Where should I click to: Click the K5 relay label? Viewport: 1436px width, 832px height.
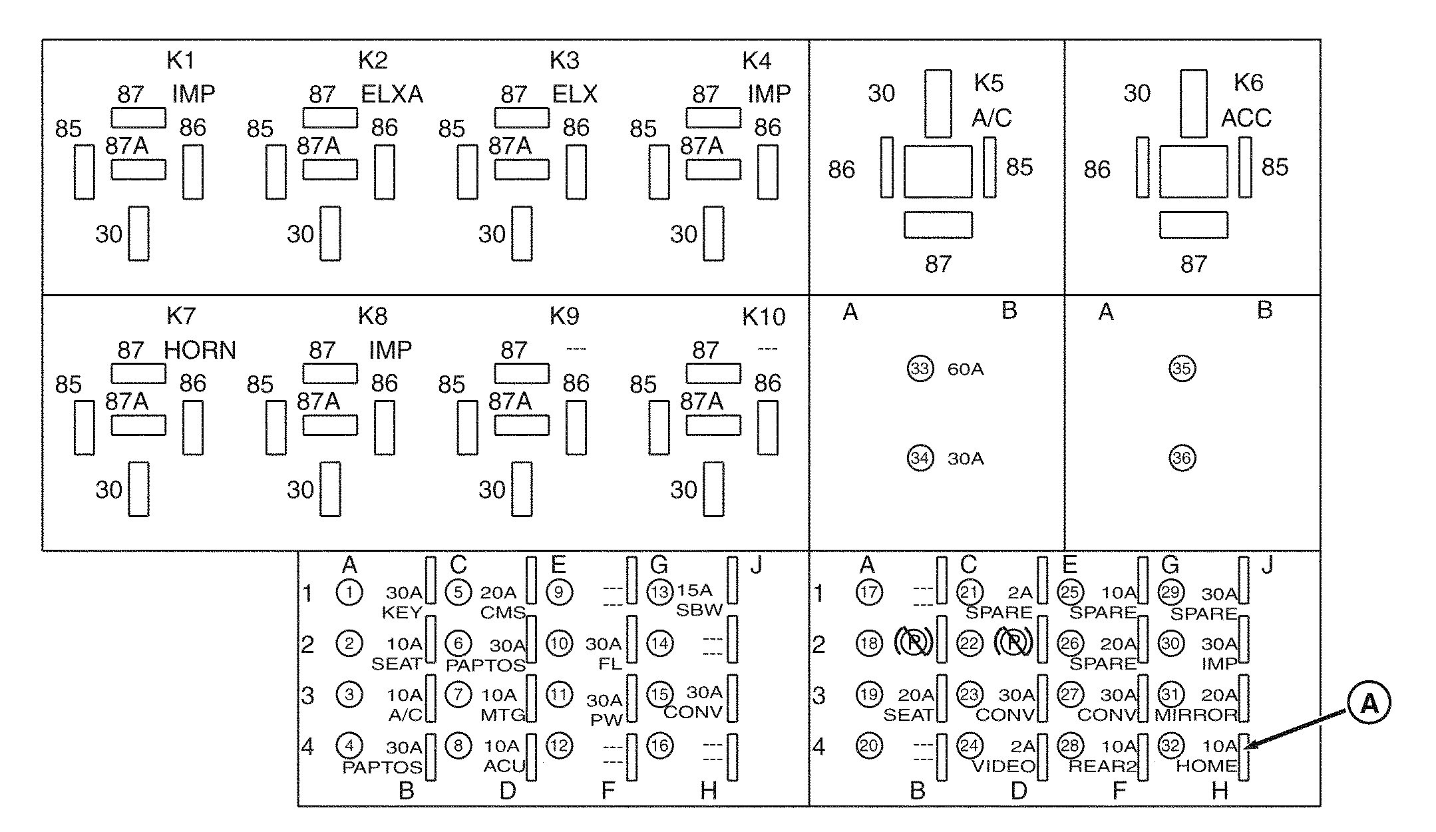[988, 83]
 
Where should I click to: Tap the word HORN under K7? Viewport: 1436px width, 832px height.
[200, 351]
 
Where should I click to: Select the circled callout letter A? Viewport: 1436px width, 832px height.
[1369, 703]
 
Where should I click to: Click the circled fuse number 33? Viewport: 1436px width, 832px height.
[920, 369]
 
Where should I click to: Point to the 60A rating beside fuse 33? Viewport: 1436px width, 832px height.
[965, 369]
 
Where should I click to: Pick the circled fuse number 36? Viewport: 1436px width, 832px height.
[1182, 458]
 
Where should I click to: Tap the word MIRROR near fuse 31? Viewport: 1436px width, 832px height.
[1196, 716]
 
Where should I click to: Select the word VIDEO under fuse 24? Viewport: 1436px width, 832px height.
[1003, 767]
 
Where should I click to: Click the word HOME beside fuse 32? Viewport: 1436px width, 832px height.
[1206, 767]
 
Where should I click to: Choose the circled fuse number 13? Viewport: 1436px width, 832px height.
[659, 592]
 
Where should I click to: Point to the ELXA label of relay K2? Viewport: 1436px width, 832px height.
[392, 95]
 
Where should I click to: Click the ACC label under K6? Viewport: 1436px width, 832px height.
[1246, 118]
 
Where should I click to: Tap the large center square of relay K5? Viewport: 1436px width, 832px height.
[938, 172]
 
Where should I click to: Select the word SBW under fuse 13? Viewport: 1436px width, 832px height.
[699, 611]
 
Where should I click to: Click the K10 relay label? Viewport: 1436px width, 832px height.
[763, 317]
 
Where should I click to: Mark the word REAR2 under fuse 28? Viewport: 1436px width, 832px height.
[1103, 767]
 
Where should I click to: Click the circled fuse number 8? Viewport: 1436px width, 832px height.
[458, 745]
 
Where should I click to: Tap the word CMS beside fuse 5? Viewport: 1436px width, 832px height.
[502, 612]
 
